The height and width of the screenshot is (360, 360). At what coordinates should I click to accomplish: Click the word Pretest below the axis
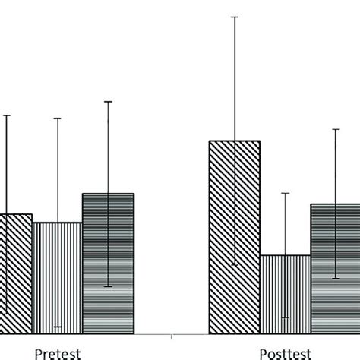pyautogui.click(x=58, y=352)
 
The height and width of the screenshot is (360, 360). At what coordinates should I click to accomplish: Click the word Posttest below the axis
pyautogui.click(x=286, y=352)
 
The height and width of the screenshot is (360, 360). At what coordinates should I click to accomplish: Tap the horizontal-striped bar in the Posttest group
pyautogui.click(x=335, y=269)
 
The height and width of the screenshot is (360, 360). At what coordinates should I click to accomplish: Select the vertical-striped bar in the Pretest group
pyautogui.click(x=57, y=278)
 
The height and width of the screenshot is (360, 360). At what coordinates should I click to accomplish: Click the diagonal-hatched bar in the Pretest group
pyautogui.click(x=15, y=273)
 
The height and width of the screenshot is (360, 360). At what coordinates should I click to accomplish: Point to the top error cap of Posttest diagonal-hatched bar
pyautogui.click(x=235, y=16)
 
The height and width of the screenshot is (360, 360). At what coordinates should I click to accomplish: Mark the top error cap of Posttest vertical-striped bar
pyautogui.click(x=286, y=193)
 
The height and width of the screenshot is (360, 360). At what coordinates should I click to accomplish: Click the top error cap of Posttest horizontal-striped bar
pyautogui.click(x=336, y=129)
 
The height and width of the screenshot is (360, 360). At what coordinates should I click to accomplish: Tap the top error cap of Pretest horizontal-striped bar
pyautogui.click(x=108, y=101)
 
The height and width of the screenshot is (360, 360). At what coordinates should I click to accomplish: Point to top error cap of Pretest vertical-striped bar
pyautogui.click(x=57, y=118)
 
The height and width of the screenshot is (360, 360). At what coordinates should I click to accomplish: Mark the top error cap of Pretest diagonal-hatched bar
pyautogui.click(x=7, y=115)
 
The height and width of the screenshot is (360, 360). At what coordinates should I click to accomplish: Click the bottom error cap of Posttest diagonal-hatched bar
pyautogui.click(x=235, y=264)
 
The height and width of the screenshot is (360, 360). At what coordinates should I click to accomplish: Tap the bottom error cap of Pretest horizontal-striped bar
pyautogui.click(x=108, y=286)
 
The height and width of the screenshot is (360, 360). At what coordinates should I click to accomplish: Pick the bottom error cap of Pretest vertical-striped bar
pyautogui.click(x=57, y=327)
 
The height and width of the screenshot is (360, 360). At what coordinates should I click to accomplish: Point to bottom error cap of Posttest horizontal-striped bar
pyautogui.click(x=336, y=279)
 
